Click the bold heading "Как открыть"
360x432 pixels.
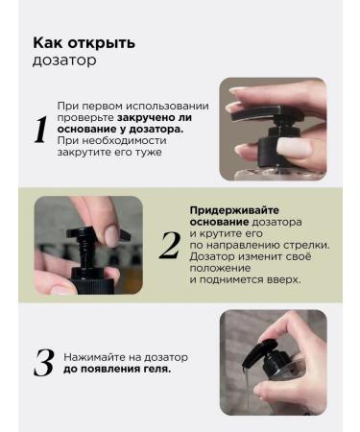pyautogui.click(x=84, y=43)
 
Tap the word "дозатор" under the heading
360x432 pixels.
pyautogui.click(x=64, y=60)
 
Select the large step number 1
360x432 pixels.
pyautogui.click(x=40, y=130)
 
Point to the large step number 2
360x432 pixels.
pyautogui.click(x=170, y=245)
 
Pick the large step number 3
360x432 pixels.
pyautogui.click(x=44, y=363)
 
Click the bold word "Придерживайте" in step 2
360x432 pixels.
pyautogui.click(x=234, y=210)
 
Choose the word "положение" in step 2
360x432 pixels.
pyautogui.click(x=220, y=268)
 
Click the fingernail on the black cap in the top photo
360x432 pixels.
pyautogui.click(x=294, y=148)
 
